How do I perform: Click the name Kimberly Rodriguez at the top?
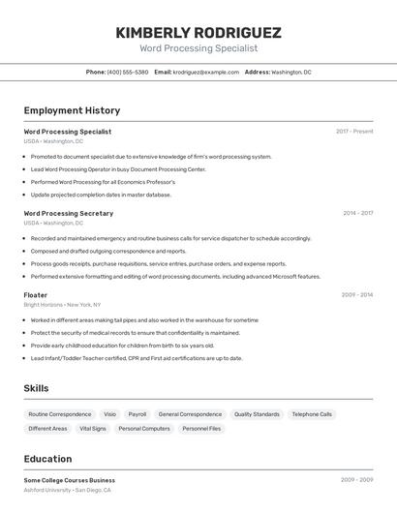(198, 32)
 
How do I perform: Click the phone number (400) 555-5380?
(128, 72)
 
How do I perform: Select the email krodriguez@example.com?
(205, 72)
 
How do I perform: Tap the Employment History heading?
(72, 110)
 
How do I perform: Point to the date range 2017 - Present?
(354, 131)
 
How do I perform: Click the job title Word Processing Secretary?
(68, 213)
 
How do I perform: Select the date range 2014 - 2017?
(357, 213)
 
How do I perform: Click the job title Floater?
(36, 294)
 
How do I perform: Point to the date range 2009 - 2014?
(357, 294)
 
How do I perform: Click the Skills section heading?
(37, 388)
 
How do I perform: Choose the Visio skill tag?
(109, 414)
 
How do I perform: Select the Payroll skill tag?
(137, 414)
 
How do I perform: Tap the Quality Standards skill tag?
(257, 414)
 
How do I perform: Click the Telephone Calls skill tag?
(312, 414)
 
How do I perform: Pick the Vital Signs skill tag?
(93, 428)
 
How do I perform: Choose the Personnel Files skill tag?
(201, 428)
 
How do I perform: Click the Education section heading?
(48, 459)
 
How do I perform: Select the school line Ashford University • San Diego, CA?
(67, 490)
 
